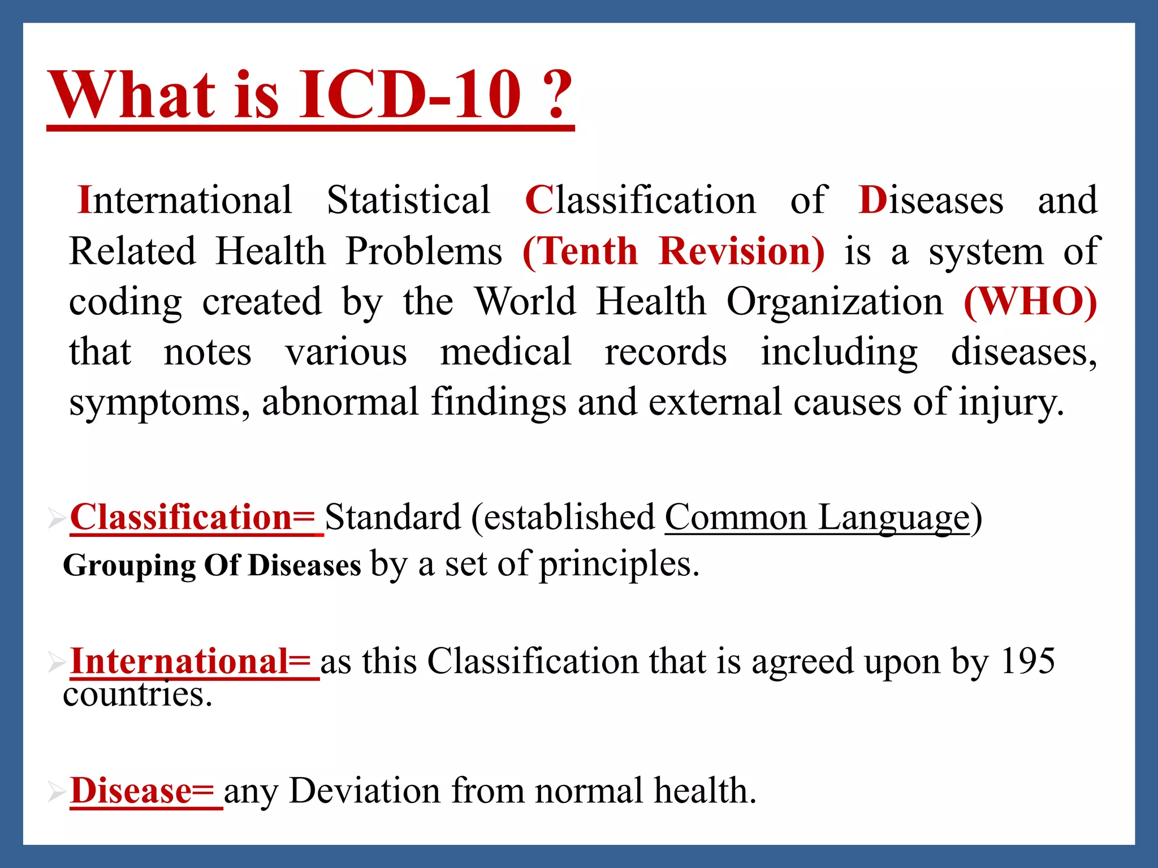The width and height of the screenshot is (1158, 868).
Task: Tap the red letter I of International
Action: point(84,200)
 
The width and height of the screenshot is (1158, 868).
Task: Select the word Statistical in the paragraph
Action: point(408,200)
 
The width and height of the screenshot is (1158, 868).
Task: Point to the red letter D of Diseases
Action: point(872,200)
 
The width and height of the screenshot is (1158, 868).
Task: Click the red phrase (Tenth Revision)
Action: point(673,251)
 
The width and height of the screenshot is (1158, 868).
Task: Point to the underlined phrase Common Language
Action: point(816,517)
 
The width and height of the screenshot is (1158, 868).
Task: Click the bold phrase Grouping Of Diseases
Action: point(211,565)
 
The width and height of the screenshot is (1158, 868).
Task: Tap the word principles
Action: point(619,564)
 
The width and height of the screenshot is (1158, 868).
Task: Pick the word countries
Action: point(137,695)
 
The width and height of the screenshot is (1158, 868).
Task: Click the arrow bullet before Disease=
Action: point(57,792)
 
